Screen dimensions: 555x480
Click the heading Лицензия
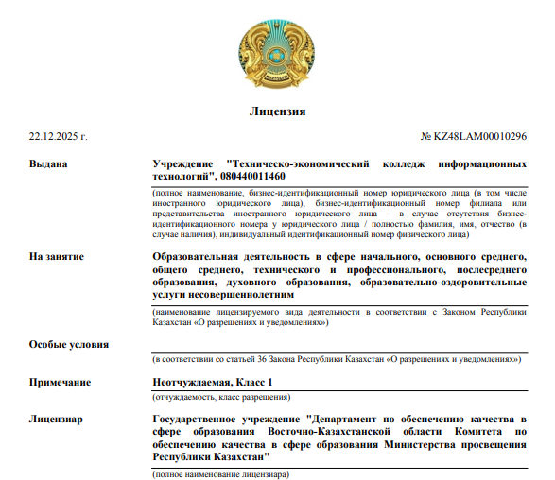277,111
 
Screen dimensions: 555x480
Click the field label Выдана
49,163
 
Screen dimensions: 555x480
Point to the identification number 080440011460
250,176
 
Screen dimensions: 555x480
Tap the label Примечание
61,382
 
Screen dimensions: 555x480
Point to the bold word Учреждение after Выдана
185,163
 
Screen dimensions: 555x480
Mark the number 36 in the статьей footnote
262,360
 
